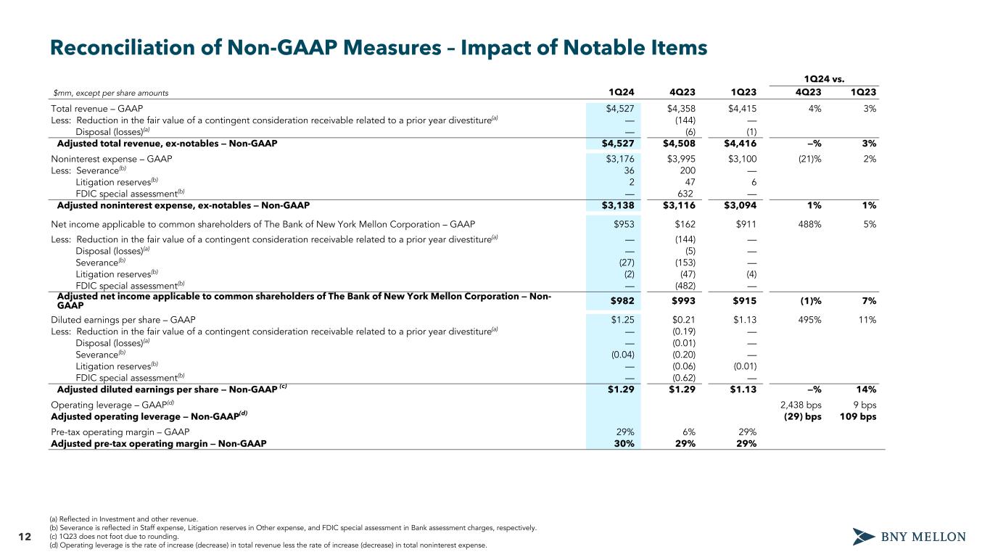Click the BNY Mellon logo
pyautogui.click(x=909, y=537)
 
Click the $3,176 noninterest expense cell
pyautogui.click(x=620, y=157)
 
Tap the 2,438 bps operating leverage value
pyautogui.click(x=801, y=403)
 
